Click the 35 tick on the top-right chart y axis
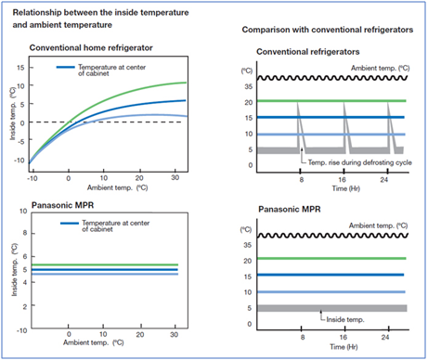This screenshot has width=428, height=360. pyautogui.click(x=248, y=84)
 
